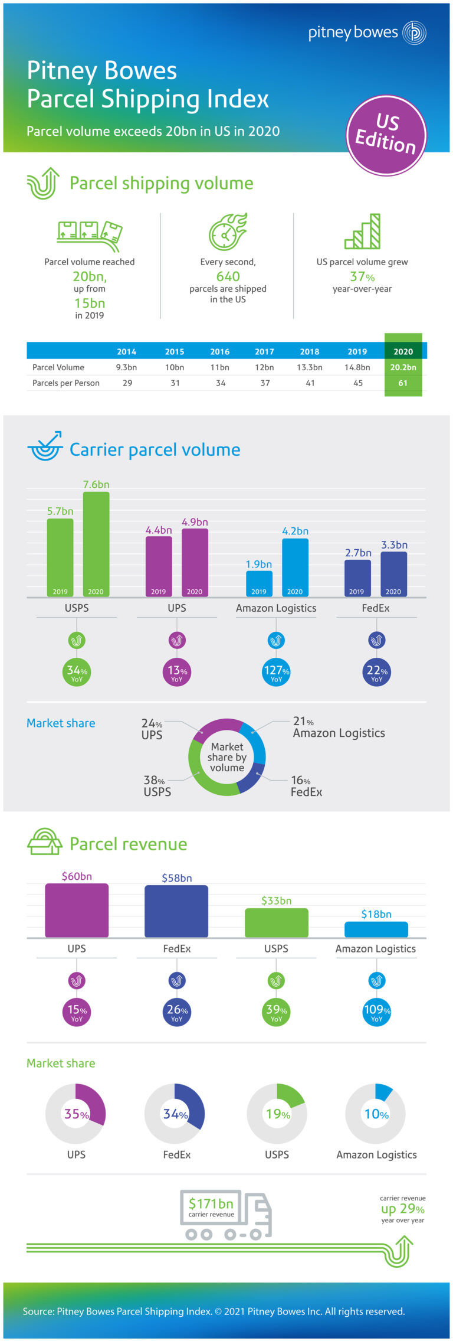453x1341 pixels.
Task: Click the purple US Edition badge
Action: point(386,135)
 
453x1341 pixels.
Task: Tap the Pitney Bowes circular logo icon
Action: point(414,32)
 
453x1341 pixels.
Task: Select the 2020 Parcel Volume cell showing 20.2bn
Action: point(403,367)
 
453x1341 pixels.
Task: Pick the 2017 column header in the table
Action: point(264,351)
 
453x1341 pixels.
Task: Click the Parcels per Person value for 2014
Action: point(127,383)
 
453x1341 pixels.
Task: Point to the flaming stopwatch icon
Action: point(228,231)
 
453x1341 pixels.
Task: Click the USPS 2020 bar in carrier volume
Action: point(96,543)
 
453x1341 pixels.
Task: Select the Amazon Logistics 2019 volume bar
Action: point(259,583)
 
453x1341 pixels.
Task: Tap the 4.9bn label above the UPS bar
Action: point(195,522)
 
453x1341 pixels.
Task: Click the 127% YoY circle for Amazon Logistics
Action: point(276,672)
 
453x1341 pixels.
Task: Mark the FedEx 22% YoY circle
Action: point(376,672)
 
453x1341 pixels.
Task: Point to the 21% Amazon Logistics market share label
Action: point(338,727)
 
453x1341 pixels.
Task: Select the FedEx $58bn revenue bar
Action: point(176,911)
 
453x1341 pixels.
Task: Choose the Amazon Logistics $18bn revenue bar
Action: point(376,929)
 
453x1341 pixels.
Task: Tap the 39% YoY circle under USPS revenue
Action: point(276,1012)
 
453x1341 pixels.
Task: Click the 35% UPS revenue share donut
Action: point(75,1114)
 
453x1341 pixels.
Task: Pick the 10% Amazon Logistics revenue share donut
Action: point(376,1114)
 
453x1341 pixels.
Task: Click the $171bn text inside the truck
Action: point(211,1203)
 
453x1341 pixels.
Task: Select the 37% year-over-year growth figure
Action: point(362,276)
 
